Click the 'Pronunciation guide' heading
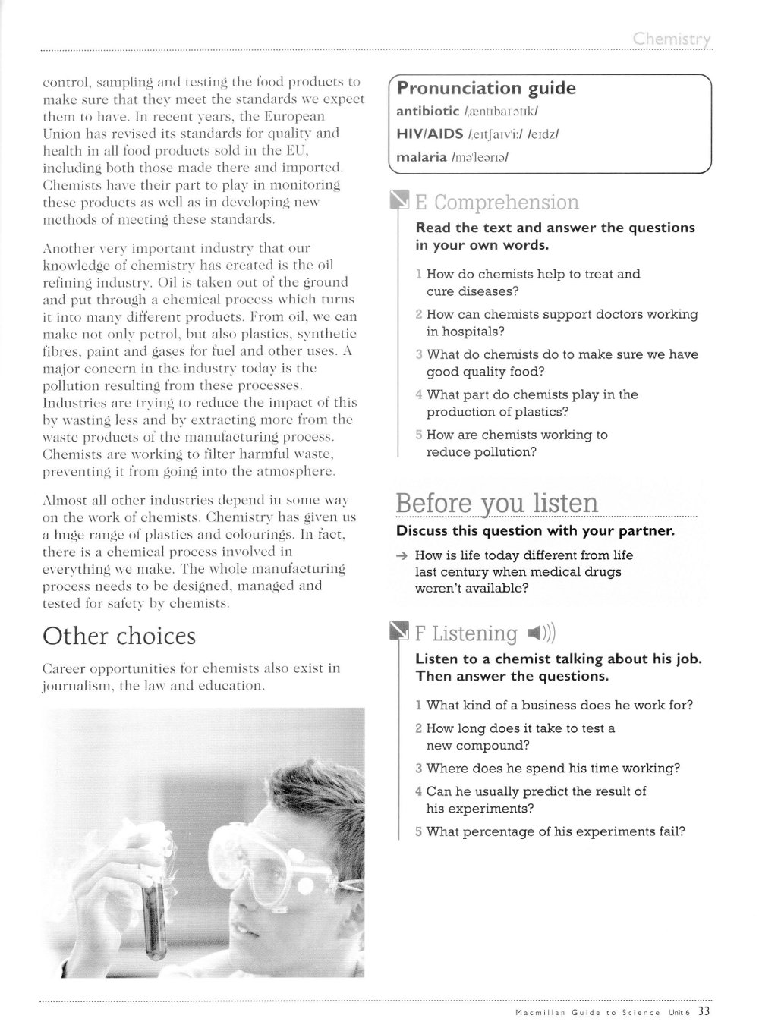(486, 89)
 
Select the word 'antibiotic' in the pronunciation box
(427, 112)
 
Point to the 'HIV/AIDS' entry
(430, 134)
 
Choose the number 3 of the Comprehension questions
(419, 354)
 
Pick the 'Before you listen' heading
(496, 503)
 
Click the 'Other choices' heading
(119, 636)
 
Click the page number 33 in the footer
(704, 1011)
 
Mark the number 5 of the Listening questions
(419, 831)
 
